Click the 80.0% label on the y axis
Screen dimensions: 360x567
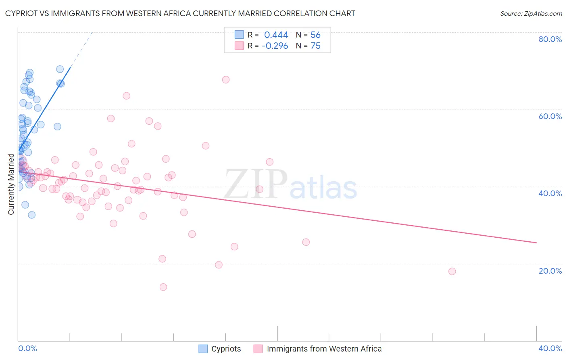point(550,39)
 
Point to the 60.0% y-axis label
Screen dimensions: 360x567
point(550,116)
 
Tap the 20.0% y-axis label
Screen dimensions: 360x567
point(550,271)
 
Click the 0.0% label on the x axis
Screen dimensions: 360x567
point(27,348)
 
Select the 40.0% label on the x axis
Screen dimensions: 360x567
point(550,348)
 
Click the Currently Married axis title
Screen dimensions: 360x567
point(11,184)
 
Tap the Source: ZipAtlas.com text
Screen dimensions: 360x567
point(531,13)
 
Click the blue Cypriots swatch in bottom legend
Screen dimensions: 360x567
point(203,349)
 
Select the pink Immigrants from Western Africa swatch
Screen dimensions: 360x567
point(258,349)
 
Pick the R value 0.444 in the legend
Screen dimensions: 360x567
point(276,35)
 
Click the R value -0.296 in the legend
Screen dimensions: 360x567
point(275,46)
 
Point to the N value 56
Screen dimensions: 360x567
point(315,35)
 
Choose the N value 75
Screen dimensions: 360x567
point(315,46)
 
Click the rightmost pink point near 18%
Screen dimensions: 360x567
point(452,271)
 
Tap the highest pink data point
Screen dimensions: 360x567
point(226,80)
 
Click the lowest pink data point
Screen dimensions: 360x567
point(163,287)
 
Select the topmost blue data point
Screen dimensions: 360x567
point(60,69)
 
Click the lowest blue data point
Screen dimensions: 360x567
point(31,215)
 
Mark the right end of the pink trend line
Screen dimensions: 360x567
point(536,243)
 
